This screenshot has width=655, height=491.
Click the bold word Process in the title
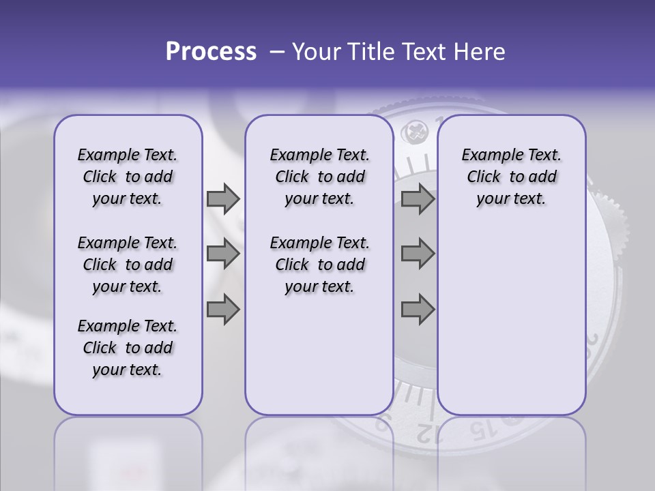pyautogui.click(x=211, y=52)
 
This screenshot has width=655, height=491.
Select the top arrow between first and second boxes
pyautogui.click(x=223, y=199)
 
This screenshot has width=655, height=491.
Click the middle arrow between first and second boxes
pyautogui.click(x=223, y=254)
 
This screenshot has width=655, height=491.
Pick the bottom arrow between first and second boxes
pyautogui.click(x=223, y=310)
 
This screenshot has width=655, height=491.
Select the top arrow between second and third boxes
pyautogui.click(x=418, y=199)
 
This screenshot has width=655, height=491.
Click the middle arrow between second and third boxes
pyautogui.click(x=418, y=254)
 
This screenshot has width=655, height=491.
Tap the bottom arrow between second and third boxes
pyautogui.click(x=418, y=310)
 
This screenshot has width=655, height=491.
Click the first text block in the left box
pyautogui.click(x=128, y=177)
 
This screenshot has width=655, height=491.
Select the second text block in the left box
pyautogui.click(x=128, y=265)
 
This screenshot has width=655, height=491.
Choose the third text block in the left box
pyautogui.click(x=128, y=348)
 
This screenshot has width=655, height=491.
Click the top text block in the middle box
pyautogui.click(x=319, y=177)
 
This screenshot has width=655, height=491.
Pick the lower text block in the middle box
pyautogui.click(x=319, y=265)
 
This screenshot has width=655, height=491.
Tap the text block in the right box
pyautogui.click(x=511, y=177)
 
